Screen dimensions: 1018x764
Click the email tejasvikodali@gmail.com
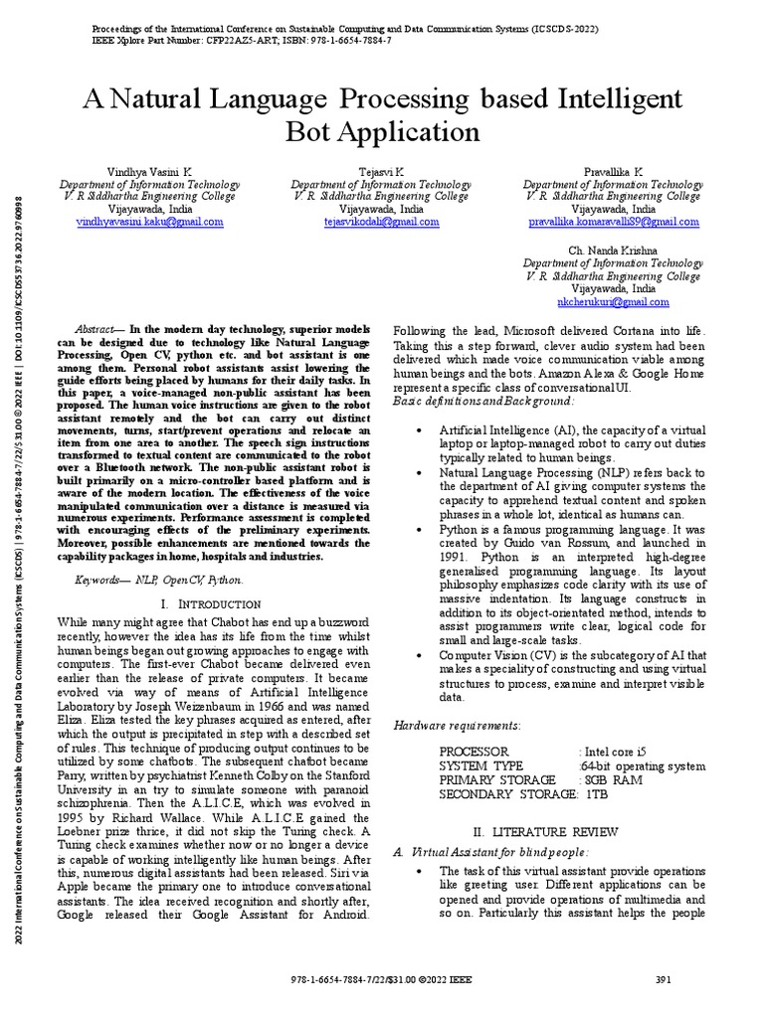382,223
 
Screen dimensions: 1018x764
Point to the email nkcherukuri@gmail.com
614,301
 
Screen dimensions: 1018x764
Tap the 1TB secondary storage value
595,794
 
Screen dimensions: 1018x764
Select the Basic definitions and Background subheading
483,400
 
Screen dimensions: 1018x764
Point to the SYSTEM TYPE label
480,765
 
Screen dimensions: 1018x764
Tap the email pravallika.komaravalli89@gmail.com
614,223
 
